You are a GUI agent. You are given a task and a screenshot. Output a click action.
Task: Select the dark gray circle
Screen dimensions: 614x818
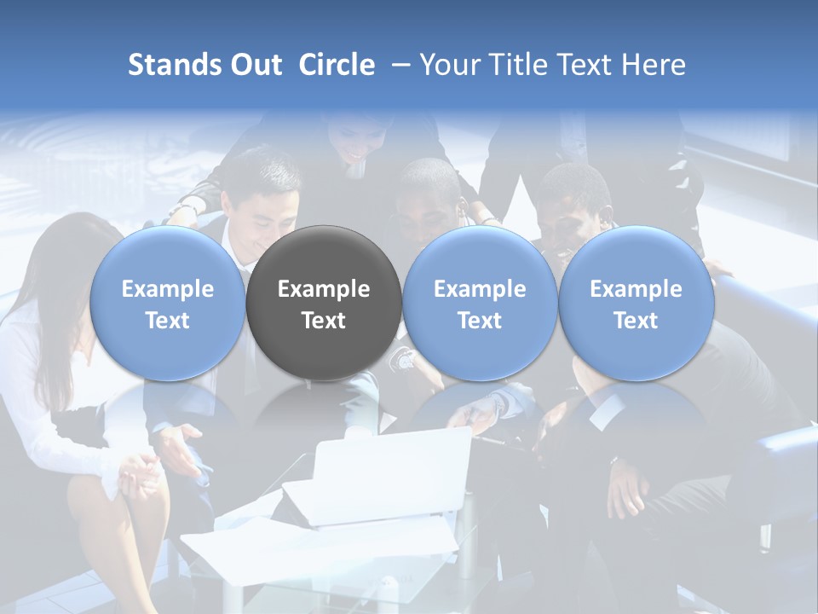click(x=324, y=304)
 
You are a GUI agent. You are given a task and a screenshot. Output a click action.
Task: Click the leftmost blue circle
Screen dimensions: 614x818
click(x=168, y=304)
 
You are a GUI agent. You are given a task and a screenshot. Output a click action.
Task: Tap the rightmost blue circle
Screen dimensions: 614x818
click(x=636, y=304)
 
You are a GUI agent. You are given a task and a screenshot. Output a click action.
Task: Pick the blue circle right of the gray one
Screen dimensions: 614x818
click(x=480, y=304)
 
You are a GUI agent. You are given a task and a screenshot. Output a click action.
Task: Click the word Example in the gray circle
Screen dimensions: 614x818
click(x=324, y=289)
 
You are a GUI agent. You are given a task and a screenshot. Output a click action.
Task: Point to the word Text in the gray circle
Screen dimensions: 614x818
click(x=324, y=321)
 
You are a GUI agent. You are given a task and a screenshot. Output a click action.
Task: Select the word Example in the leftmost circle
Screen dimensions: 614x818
click(x=168, y=289)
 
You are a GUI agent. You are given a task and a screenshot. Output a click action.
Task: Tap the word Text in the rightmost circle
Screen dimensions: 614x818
click(x=636, y=321)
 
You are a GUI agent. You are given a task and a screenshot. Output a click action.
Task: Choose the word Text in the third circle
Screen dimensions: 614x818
click(x=480, y=321)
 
